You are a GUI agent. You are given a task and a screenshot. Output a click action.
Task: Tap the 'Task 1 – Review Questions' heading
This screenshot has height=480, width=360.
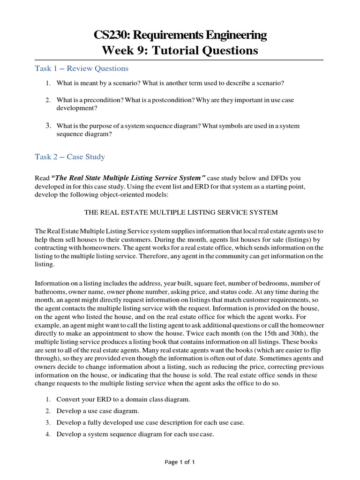pyautogui.click(x=82, y=68)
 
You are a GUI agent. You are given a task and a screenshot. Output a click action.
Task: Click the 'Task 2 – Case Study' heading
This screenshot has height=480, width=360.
pyautogui.click(x=70, y=157)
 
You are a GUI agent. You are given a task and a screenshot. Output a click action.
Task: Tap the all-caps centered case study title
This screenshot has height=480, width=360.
pyautogui.click(x=180, y=212)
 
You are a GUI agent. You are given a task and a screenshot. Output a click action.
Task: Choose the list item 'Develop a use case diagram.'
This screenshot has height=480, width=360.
pyautogui.click(x=97, y=411)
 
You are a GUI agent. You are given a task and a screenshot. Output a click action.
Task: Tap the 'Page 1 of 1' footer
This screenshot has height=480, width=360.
pyautogui.click(x=180, y=462)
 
